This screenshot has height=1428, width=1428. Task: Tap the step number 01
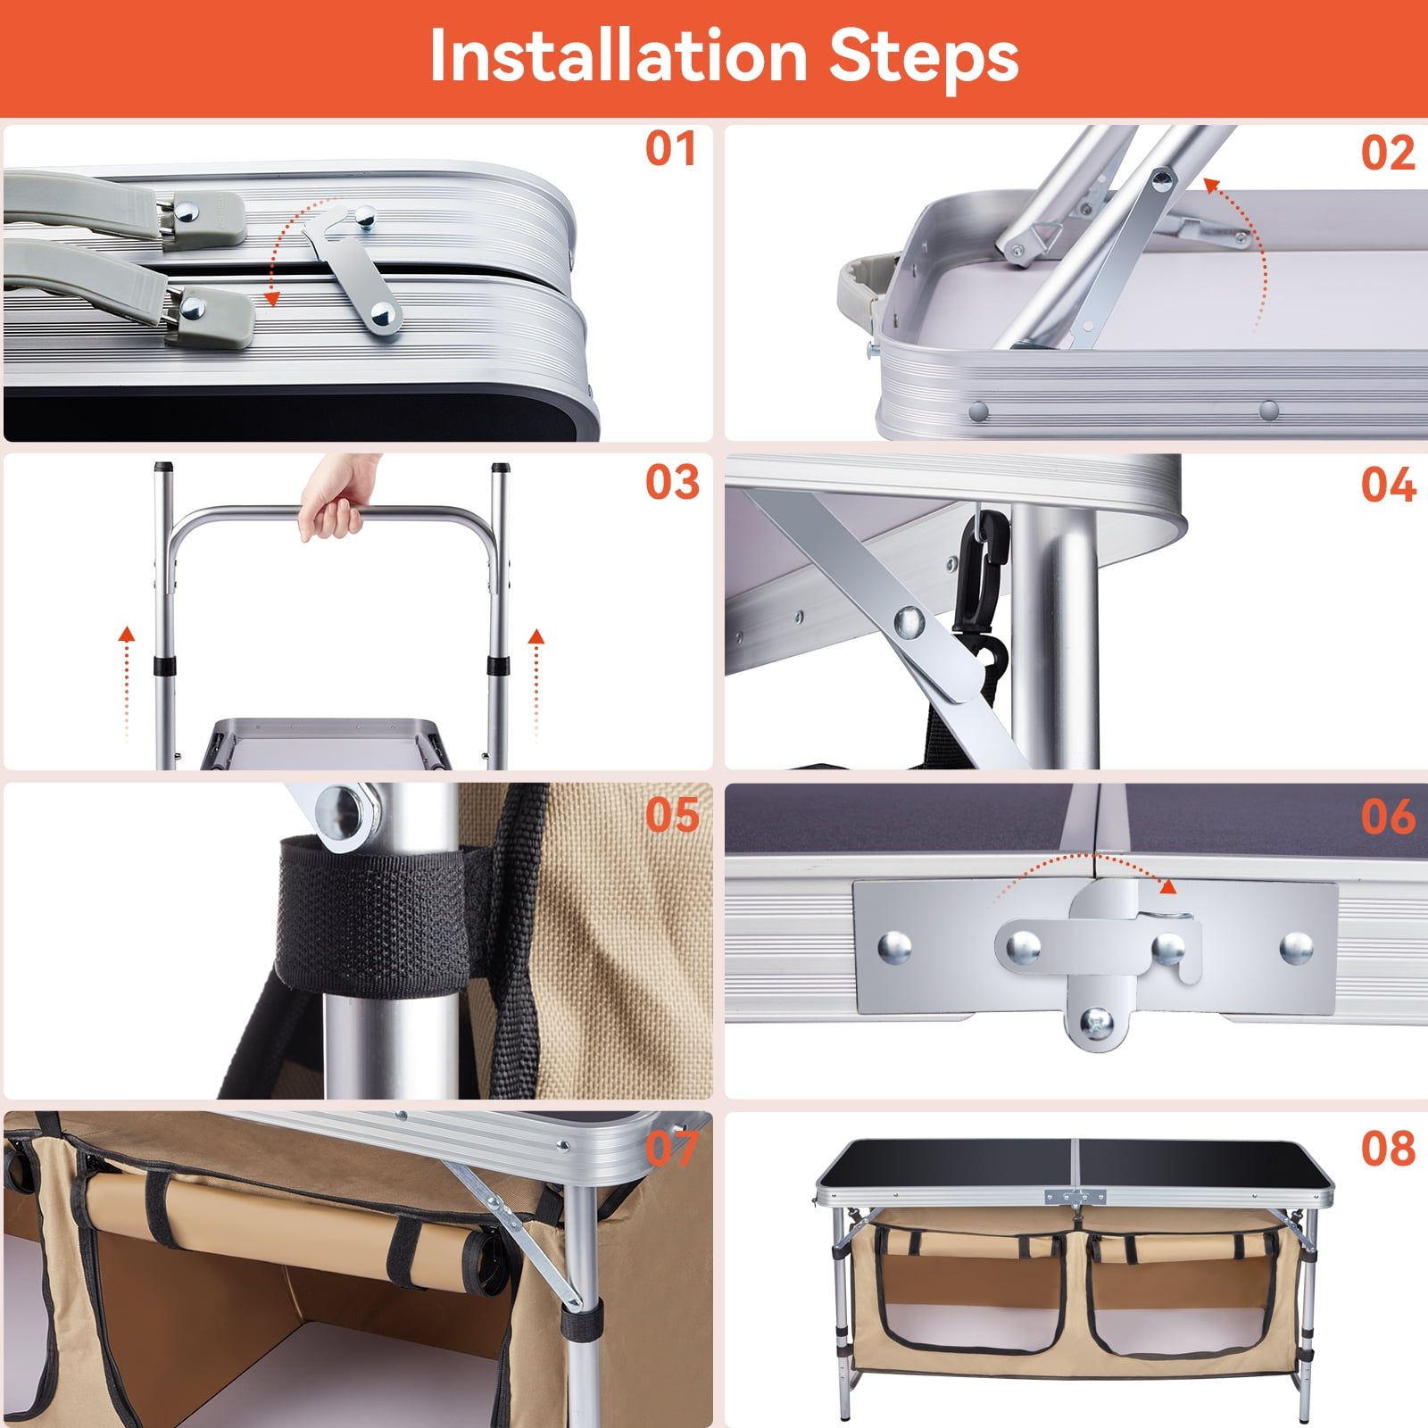tap(670, 149)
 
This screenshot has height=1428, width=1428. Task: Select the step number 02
tap(1387, 154)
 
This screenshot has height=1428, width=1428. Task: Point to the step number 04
tap(1387, 486)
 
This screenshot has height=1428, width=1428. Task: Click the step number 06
tap(1387, 817)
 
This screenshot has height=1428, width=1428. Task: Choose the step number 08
tap(1387, 1150)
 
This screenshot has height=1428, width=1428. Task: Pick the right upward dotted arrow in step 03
tap(535, 683)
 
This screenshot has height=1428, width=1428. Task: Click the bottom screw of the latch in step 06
tap(1097, 1021)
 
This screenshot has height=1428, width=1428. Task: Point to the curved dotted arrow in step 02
tap(1245, 241)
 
